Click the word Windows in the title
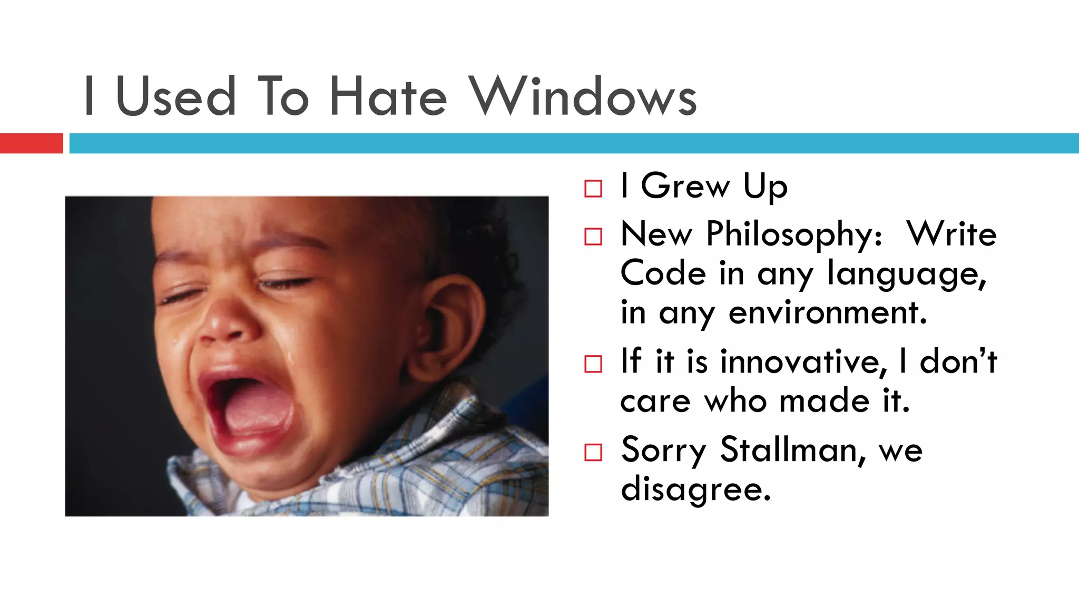click(x=583, y=96)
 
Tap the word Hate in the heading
click(x=388, y=96)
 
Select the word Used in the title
click(x=176, y=96)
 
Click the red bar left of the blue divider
click(x=31, y=143)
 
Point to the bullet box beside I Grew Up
click(x=593, y=189)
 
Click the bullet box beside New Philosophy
click(x=593, y=237)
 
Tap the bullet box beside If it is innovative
click(x=593, y=364)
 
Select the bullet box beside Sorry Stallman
click(x=593, y=452)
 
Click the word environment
click(x=827, y=312)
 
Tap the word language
click(x=906, y=275)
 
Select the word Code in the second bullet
click(x=663, y=273)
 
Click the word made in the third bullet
click(x=825, y=401)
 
